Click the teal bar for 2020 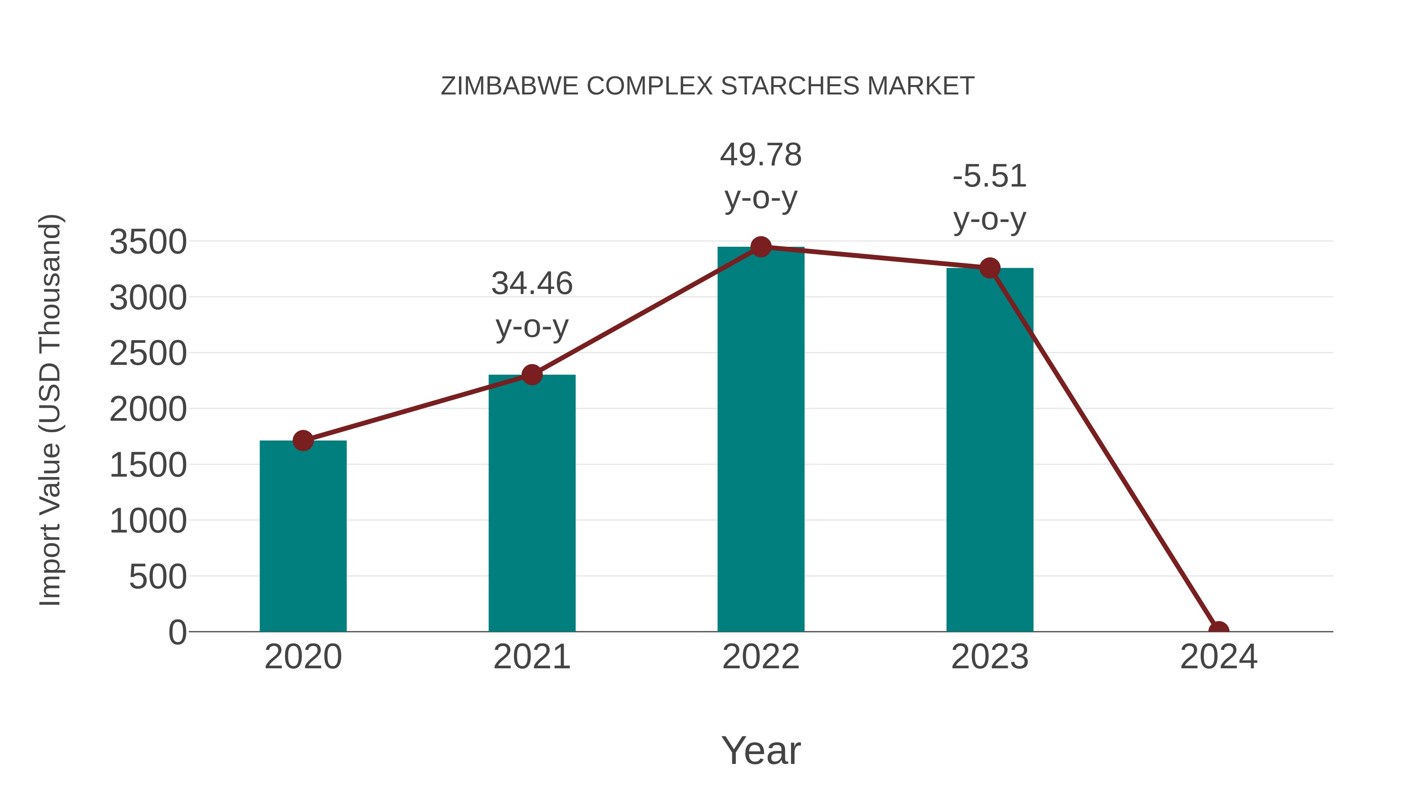[x=303, y=536]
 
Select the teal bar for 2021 [x=531, y=503]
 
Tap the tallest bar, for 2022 [x=760, y=440]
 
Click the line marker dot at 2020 [x=303, y=440]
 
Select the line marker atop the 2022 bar [x=760, y=247]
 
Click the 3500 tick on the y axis [x=148, y=242]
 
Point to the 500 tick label [x=158, y=577]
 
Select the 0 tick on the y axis [x=177, y=632]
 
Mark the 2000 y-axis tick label [x=148, y=410]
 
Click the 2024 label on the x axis [x=1218, y=657]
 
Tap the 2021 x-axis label [x=531, y=657]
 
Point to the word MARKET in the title [x=920, y=86]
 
